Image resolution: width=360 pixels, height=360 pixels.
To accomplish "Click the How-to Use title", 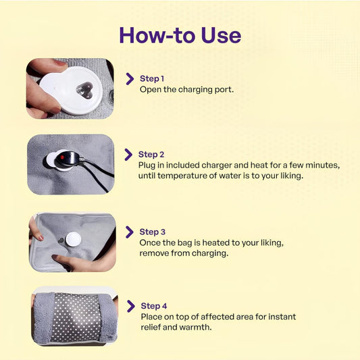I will pos(180,35).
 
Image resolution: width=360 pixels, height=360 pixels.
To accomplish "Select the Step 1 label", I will pos(152,78).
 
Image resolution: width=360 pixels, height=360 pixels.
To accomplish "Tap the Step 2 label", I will pos(151,154).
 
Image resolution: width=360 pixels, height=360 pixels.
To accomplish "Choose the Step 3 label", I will pos(152,232).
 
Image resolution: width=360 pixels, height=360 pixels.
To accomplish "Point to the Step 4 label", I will pos(154,306).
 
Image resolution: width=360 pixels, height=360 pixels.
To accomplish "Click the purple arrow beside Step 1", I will pos(130,79).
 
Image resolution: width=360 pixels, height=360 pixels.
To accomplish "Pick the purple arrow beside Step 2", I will pos(128,155).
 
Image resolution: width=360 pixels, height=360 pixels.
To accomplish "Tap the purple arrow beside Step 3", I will pos(130,232).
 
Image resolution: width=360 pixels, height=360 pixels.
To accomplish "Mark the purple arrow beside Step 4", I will pos(131,307).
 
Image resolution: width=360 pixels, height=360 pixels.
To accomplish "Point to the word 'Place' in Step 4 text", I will pos(151,317).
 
